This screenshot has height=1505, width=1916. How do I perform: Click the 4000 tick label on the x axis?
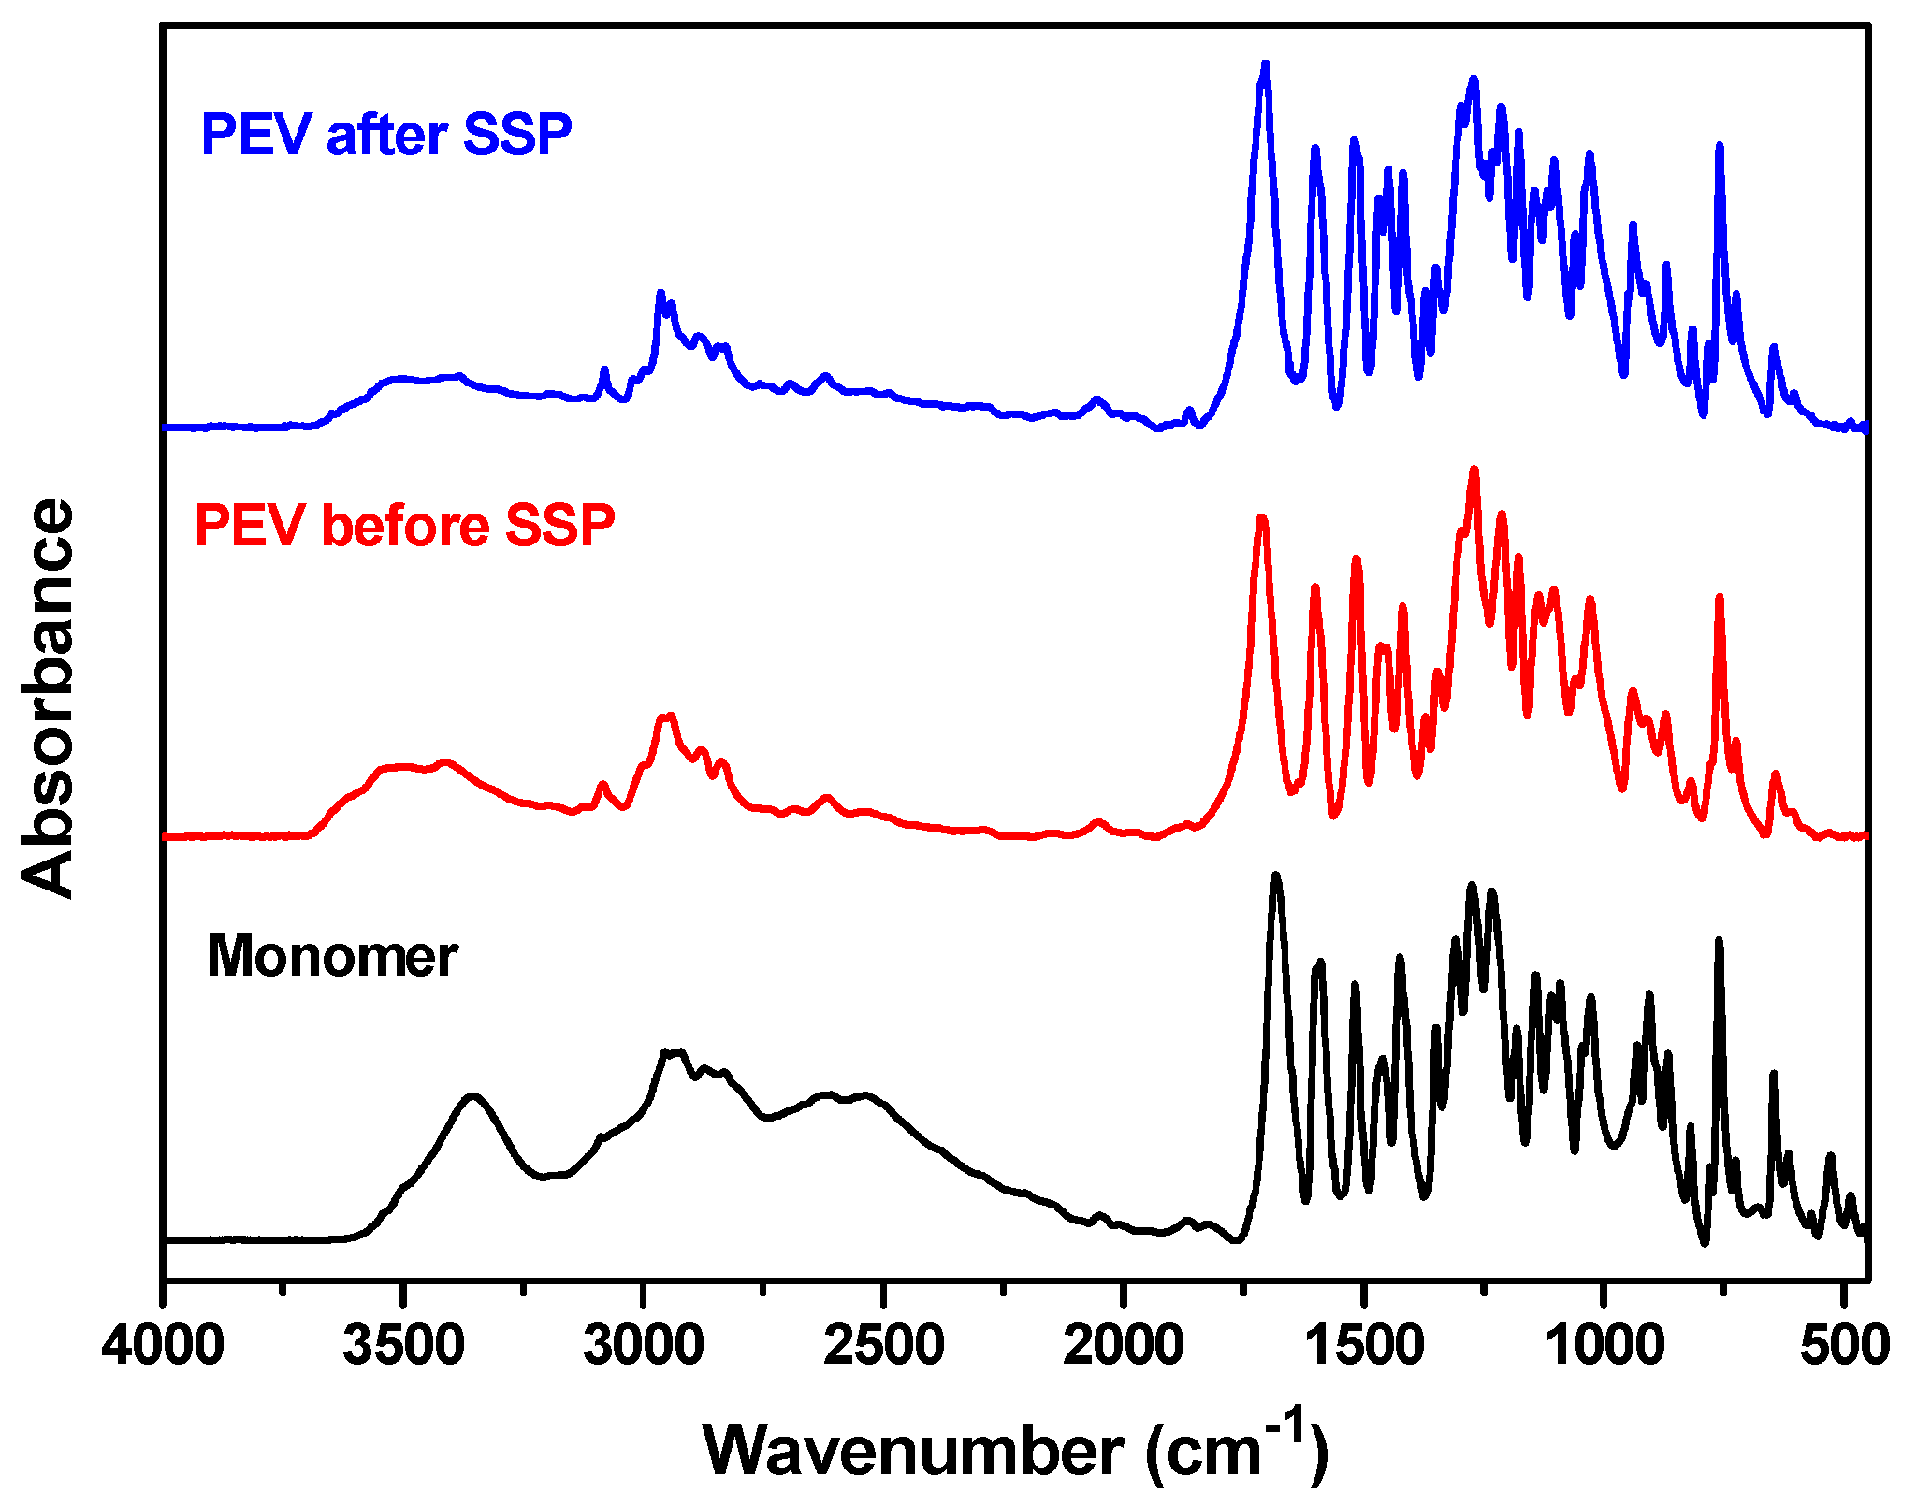click(163, 1348)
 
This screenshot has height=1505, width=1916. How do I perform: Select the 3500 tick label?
click(403, 1348)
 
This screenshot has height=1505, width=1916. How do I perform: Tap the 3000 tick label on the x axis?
click(644, 1348)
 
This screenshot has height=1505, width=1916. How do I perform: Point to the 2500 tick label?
click(883, 1348)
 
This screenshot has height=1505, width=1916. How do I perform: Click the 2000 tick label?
click(1124, 1348)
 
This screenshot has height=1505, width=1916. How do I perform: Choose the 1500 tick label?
click(1364, 1348)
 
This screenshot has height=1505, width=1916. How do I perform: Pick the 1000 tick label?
click(1604, 1348)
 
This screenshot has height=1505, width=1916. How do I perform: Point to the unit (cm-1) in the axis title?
click(1235, 1448)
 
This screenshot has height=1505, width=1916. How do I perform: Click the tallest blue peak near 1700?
click(1265, 65)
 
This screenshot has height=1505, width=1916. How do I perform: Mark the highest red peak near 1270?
click(1474, 470)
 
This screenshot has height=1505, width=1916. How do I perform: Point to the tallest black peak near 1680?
click(1275, 876)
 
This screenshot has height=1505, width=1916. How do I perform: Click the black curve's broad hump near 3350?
click(473, 1095)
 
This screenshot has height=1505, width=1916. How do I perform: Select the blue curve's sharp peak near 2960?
click(660, 294)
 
